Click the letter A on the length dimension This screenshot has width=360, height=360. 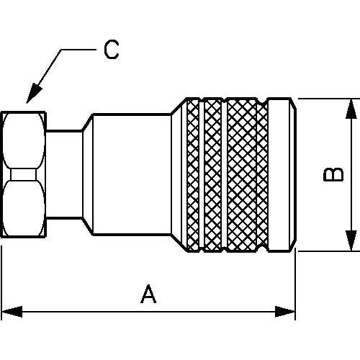click(148, 294)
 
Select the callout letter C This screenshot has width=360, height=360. click(110, 50)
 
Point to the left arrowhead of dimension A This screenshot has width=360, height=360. click(9, 312)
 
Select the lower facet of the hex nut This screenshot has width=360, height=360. click(23, 208)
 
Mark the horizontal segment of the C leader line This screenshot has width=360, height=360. click(78, 50)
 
